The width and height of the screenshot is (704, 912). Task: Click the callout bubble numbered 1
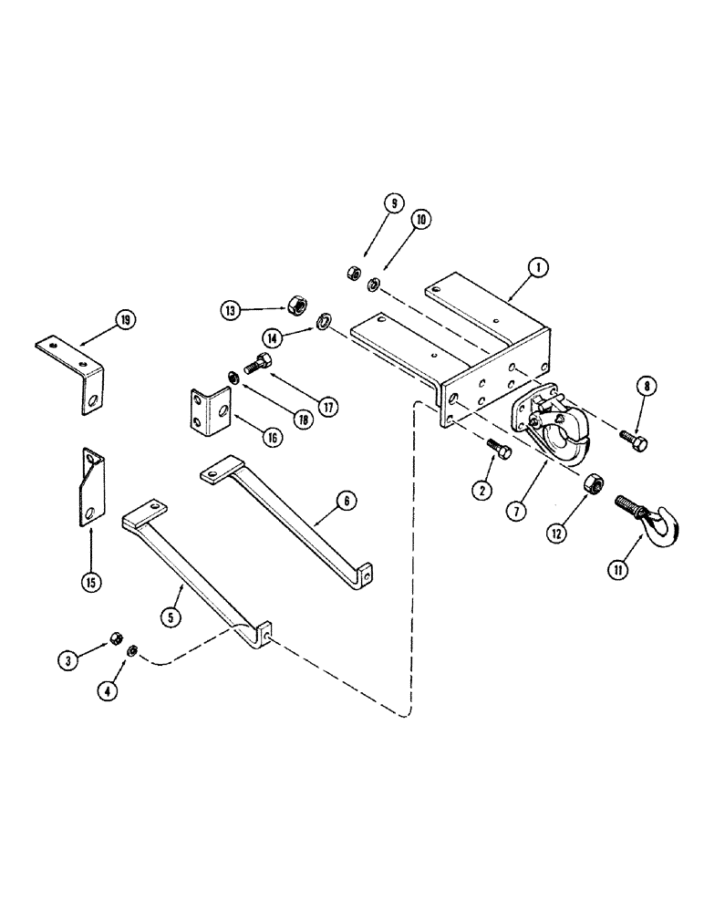539,267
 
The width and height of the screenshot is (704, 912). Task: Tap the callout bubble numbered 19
124,319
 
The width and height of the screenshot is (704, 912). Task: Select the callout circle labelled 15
91,581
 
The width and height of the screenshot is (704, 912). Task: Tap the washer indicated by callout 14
323,320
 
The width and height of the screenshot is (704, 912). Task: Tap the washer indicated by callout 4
132,650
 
